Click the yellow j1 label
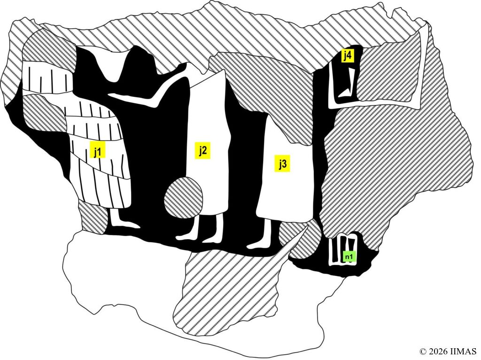pyautogui.click(x=98, y=149)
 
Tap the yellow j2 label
pyautogui.click(x=202, y=150)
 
